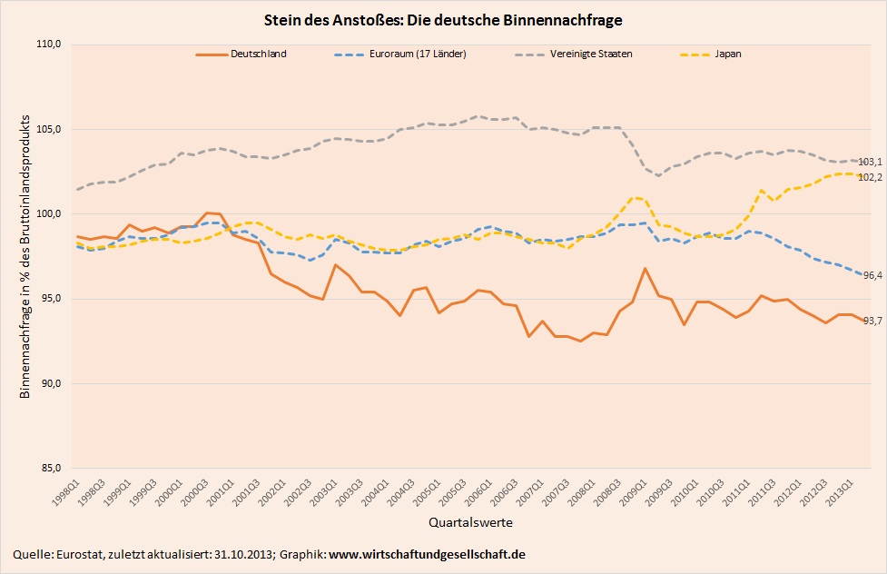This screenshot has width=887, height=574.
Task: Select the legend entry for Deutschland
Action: [260, 54]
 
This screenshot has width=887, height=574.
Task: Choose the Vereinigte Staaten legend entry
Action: [591, 54]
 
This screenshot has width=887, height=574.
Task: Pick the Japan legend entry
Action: [728, 54]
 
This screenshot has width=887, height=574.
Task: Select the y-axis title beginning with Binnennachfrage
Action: [25, 257]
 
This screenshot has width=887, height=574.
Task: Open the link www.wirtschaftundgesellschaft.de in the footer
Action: [427, 554]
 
